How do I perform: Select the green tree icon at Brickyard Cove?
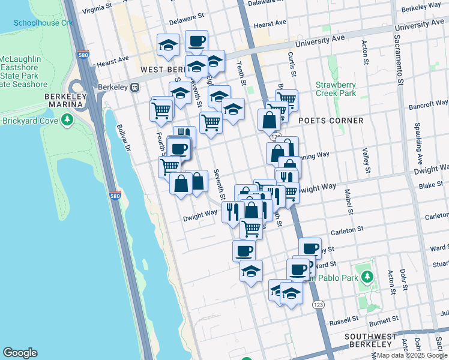point(67,121)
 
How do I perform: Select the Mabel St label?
point(348,201)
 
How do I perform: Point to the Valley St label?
point(366,161)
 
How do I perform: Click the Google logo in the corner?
point(20,353)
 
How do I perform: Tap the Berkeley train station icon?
point(136,87)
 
